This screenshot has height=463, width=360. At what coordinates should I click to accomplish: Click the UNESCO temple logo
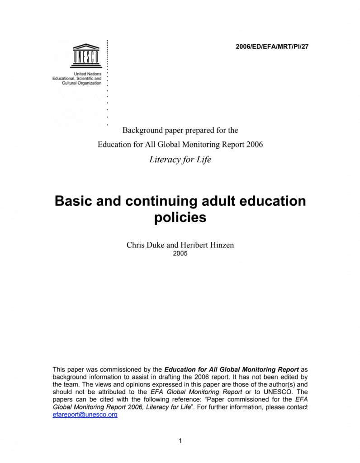point(86,56)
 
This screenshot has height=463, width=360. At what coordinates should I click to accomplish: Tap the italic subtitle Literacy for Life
point(180,160)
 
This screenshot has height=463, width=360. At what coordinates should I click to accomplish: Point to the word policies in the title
point(180,217)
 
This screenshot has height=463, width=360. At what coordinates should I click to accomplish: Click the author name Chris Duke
point(145,245)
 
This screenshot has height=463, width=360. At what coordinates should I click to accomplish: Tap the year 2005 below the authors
point(180,254)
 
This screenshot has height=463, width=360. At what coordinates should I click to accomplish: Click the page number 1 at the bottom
point(180,441)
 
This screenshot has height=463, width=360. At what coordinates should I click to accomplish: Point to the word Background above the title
point(142,130)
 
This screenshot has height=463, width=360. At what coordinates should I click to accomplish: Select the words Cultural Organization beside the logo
point(82,83)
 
